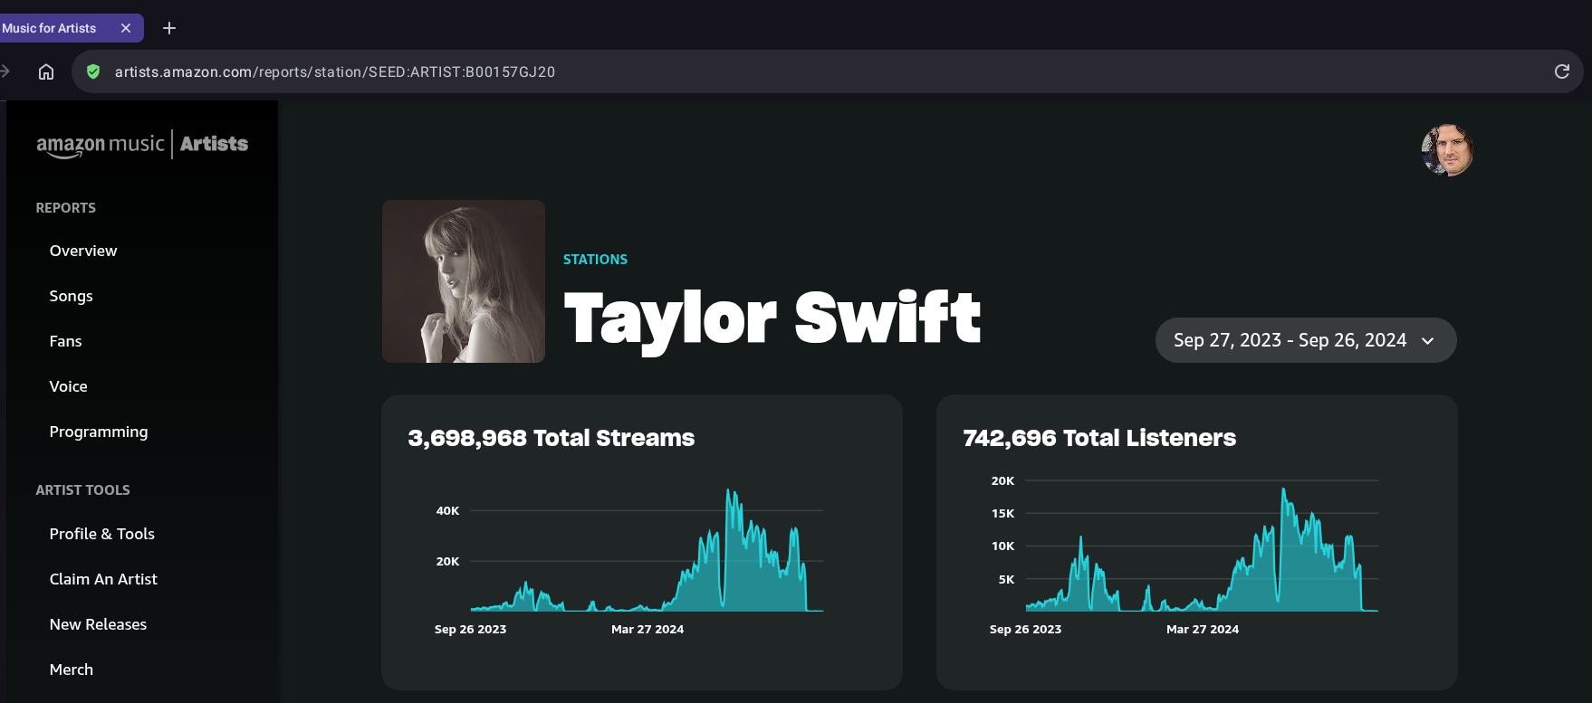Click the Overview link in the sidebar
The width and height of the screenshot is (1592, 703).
(x=83, y=251)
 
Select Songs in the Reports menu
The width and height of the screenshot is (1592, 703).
(x=71, y=296)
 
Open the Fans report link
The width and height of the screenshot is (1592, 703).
(x=65, y=341)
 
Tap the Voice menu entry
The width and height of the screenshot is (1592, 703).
(x=68, y=386)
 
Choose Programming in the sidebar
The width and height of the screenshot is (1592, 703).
(x=98, y=432)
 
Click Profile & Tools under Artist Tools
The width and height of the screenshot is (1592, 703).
(x=101, y=534)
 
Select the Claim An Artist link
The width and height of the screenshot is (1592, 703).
(x=103, y=579)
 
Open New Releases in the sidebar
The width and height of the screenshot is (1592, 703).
(x=98, y=624)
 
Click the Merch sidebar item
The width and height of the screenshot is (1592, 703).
(x=71, y=670)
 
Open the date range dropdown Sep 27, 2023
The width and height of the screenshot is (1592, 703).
(x=1305, y=340)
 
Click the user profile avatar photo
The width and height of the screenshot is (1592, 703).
(x=1447, y=150)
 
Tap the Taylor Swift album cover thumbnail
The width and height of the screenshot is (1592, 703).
(x=464, y=281)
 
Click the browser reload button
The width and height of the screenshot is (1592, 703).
(x=1561, y=71)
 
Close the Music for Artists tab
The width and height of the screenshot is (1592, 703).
(x=126, y=28)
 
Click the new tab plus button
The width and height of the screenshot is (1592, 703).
(x=169, y=28)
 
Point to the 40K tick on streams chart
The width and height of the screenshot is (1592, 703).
(x=447, y=511)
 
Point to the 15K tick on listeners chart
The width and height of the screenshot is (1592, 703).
(x=1002, y=514)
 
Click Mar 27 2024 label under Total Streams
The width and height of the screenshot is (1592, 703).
(x=647, y=630)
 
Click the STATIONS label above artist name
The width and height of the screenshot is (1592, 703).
(x=595, y=260)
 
